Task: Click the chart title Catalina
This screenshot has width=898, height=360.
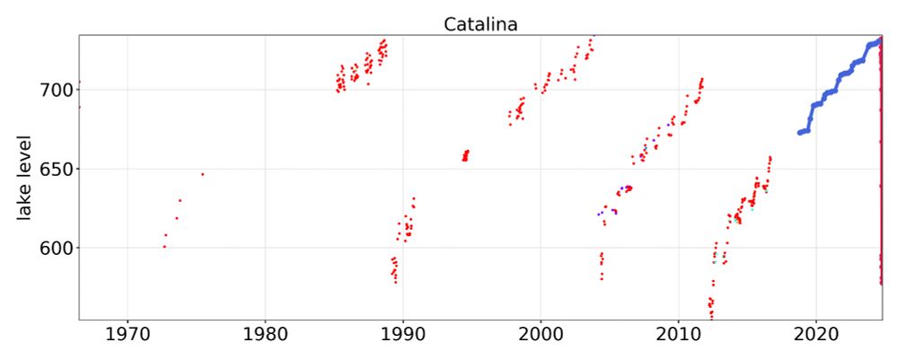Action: pos(480,24)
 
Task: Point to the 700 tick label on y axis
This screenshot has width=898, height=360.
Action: pos(54,90)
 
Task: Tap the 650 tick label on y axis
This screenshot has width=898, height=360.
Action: pos(54,169)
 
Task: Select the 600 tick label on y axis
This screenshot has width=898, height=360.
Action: pos(54,248)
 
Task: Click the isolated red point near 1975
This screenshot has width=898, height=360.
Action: pos(202,174)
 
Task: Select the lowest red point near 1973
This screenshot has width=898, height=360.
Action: pos(164,246)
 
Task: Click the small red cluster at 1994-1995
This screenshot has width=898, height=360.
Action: pos(465,155)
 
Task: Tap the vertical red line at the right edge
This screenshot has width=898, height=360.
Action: pos(880,180)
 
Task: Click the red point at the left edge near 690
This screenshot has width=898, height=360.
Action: pos(79,108)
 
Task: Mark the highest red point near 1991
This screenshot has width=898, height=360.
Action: pos(413,198)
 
